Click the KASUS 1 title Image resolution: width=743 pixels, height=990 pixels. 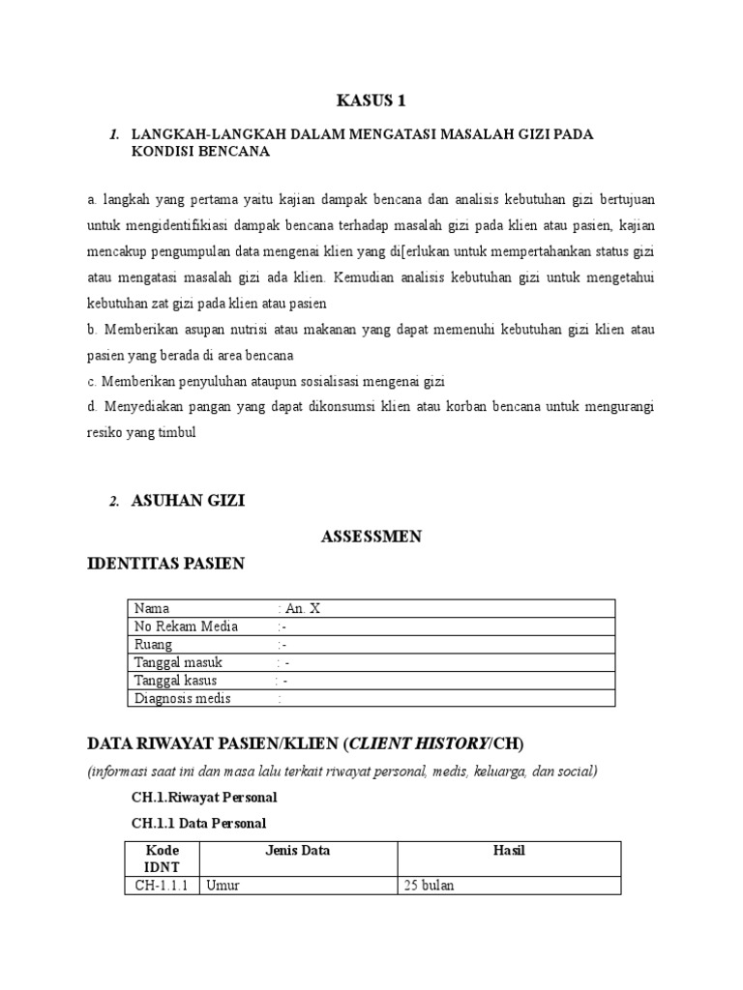[371, 102]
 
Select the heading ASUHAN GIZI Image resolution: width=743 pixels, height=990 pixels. [189, 501]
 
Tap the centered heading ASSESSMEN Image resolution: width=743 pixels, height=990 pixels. [371, 537]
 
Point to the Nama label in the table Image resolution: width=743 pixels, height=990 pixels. [152, 608]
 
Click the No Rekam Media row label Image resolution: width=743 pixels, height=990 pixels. [186, 626]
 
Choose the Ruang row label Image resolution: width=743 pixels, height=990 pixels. [154, 645]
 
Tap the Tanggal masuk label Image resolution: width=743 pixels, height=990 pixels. [179, 662]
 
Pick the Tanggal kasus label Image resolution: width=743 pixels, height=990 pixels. [177, 681]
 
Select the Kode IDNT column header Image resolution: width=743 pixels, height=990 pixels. [162, 859]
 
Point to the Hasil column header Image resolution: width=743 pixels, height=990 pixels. [507, 851]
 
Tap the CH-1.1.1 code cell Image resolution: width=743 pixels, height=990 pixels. [161, 886]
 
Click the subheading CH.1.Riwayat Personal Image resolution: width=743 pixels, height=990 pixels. [204, 798]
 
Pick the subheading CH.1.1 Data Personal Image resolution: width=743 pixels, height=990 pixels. [198, 822]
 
